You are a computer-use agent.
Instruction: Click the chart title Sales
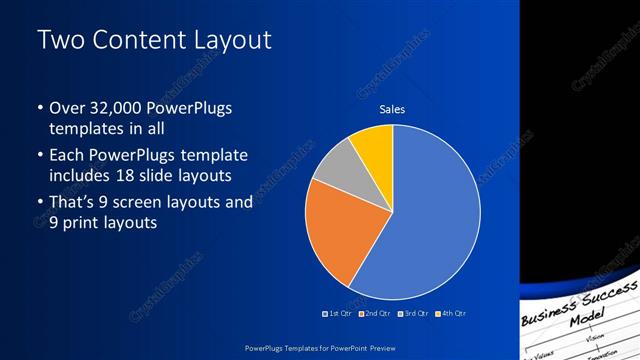(391, 109)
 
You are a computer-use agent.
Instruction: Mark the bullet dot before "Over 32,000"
(39, 108)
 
